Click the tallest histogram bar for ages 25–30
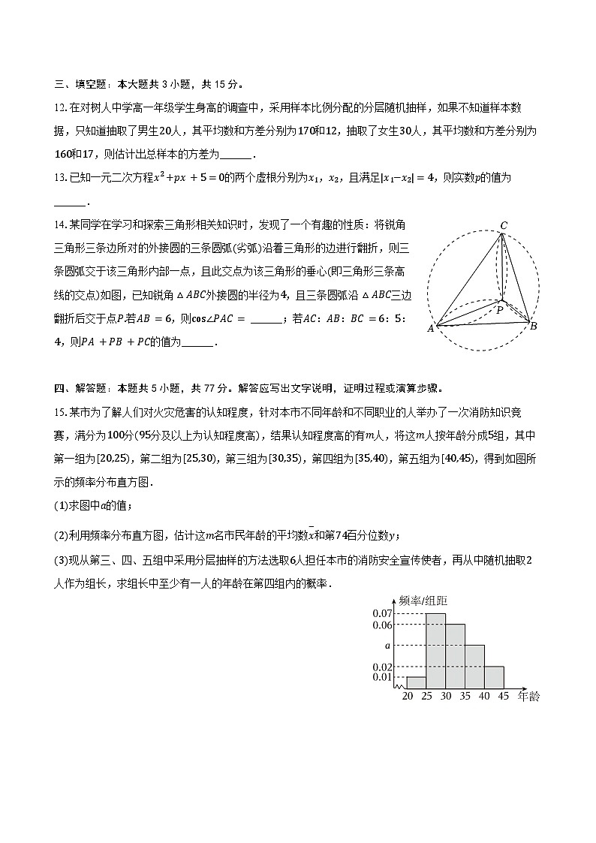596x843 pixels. (436, 651)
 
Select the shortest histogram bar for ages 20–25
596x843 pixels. (417, 682)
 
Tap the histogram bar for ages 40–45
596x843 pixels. (494, 677)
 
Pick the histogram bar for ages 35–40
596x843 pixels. (474, 667)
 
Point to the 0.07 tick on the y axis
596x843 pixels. (383, 614)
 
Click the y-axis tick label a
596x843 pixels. (388, 646)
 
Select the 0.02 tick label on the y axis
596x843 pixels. (383, 667)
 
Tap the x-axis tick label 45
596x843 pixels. (504, 697)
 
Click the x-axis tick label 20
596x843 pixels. (408, 697)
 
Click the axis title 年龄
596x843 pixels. (528, 697)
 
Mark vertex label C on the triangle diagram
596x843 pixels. (504, 225)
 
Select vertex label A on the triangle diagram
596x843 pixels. (431, 328)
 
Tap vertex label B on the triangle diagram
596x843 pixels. (533, 326)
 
